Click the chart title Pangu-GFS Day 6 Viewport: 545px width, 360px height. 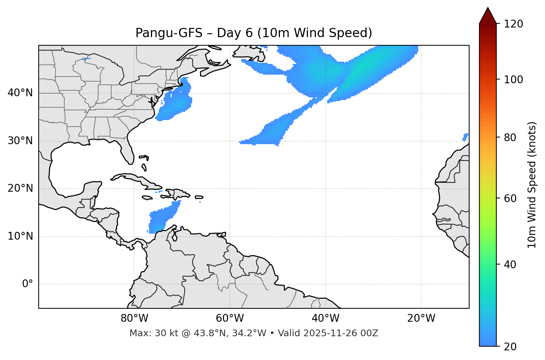pyautogui.click(x=254, y=33)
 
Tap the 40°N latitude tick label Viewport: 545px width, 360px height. pyautogui.click(x=20, y=93)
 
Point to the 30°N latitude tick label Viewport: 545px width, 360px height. pyautogui.click(x=20, y=141)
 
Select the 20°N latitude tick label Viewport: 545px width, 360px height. pyautogui.click(x=20, y=188)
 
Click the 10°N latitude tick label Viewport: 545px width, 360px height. pyautogui.click(x=20, y=236)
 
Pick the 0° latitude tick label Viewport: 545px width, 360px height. pyautogui.click(x=27, y=284)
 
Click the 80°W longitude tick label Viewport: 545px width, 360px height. pyautogui.click(x=134, y=318)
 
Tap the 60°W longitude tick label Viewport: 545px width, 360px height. pyautogui.click(x=230, y=318)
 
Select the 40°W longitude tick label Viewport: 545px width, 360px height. pyautogui.click(x=325, y=318)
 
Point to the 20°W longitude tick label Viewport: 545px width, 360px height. pyautogui.click(x=421, y=318)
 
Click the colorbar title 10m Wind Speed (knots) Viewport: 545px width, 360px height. pyautogui.click(x=532, y=185)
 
